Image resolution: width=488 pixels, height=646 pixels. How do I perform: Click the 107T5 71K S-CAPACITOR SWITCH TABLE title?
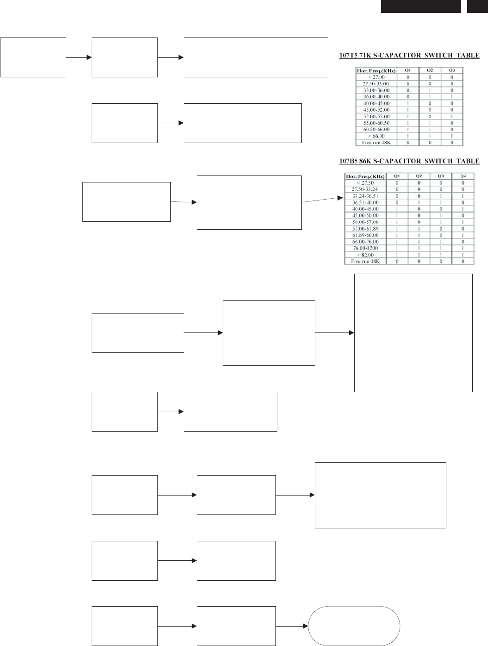(410, 56)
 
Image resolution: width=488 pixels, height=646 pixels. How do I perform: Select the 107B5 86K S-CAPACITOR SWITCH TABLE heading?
(410, 161)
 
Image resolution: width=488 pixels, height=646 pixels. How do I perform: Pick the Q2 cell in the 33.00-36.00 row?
(430, 90)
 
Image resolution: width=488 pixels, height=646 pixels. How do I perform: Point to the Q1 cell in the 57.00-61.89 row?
(397, 228)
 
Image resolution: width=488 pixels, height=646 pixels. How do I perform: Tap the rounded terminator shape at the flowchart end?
(354, 626)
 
